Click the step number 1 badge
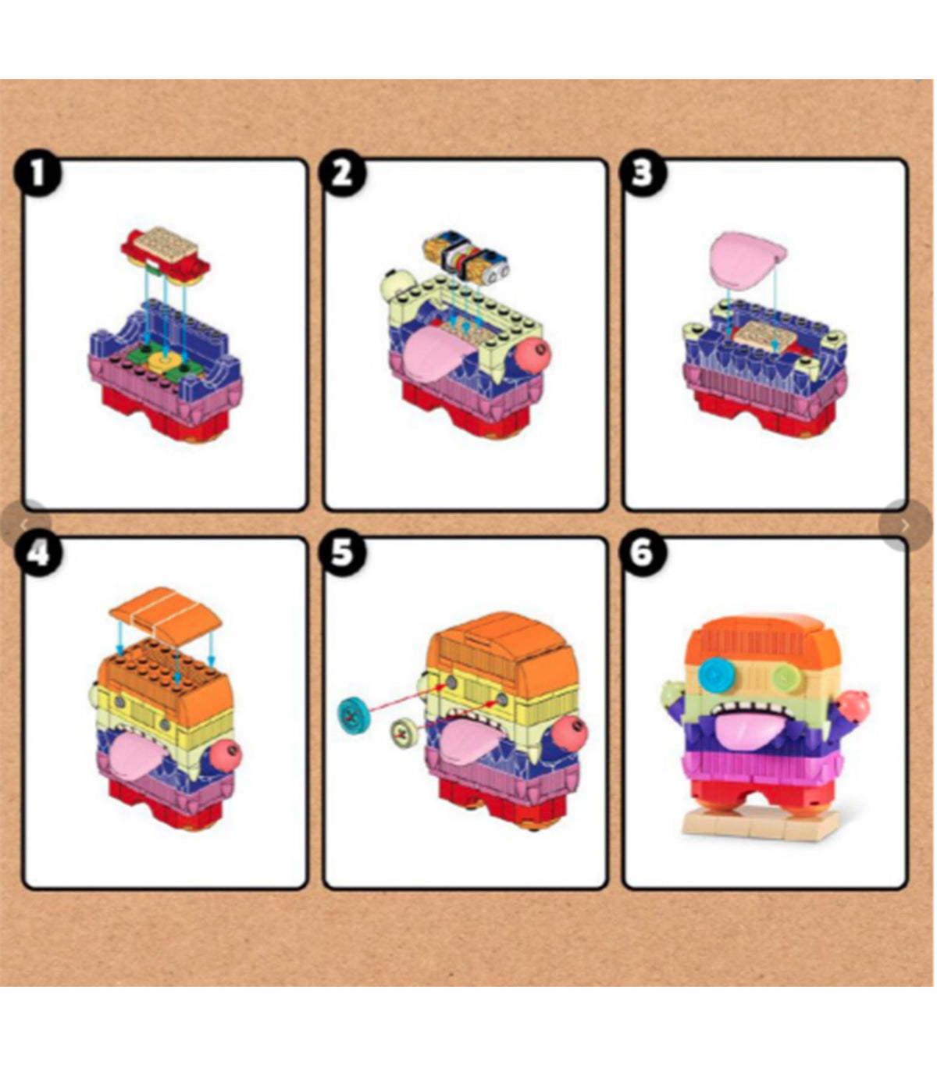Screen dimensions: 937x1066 click(x=38, y=173)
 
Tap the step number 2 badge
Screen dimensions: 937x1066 click(x=343, y=173)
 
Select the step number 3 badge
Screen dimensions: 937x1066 click(x=643, y=173)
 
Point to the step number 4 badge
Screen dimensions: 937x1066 click(x=38, y=554)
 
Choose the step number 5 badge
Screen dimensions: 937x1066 click(x=343, y=554)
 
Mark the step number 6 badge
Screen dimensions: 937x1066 click(x=643, y=554)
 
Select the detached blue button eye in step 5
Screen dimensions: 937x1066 click(x=354, y=715)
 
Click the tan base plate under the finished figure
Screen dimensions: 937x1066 click(x=760, y=826)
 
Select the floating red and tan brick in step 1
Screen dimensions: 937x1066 click(x=165, y=255)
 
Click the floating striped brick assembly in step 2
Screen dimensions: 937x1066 click(x=465, y=257)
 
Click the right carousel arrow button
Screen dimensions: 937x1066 click(x=904, y=525)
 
